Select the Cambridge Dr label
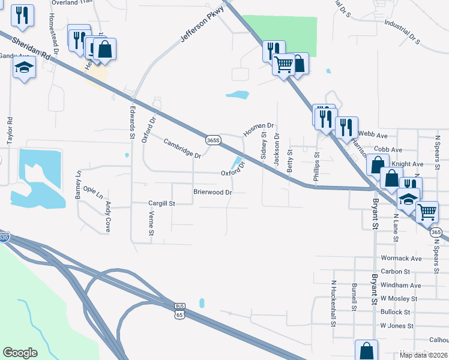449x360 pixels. tap(182, 148)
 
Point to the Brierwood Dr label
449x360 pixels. tap(212, 192)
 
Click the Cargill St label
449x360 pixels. tap(161, 203)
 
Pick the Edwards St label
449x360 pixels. tap(133, 122)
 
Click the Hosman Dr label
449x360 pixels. tap(258, 129)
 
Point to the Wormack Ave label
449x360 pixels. tap(401, 259)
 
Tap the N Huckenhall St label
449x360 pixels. tap(333, 303)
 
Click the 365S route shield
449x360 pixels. tap(213, 140)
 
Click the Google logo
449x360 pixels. tap(20, 353)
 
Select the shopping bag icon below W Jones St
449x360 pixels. tap(366, 351)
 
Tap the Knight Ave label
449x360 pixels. tap(407, 164)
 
